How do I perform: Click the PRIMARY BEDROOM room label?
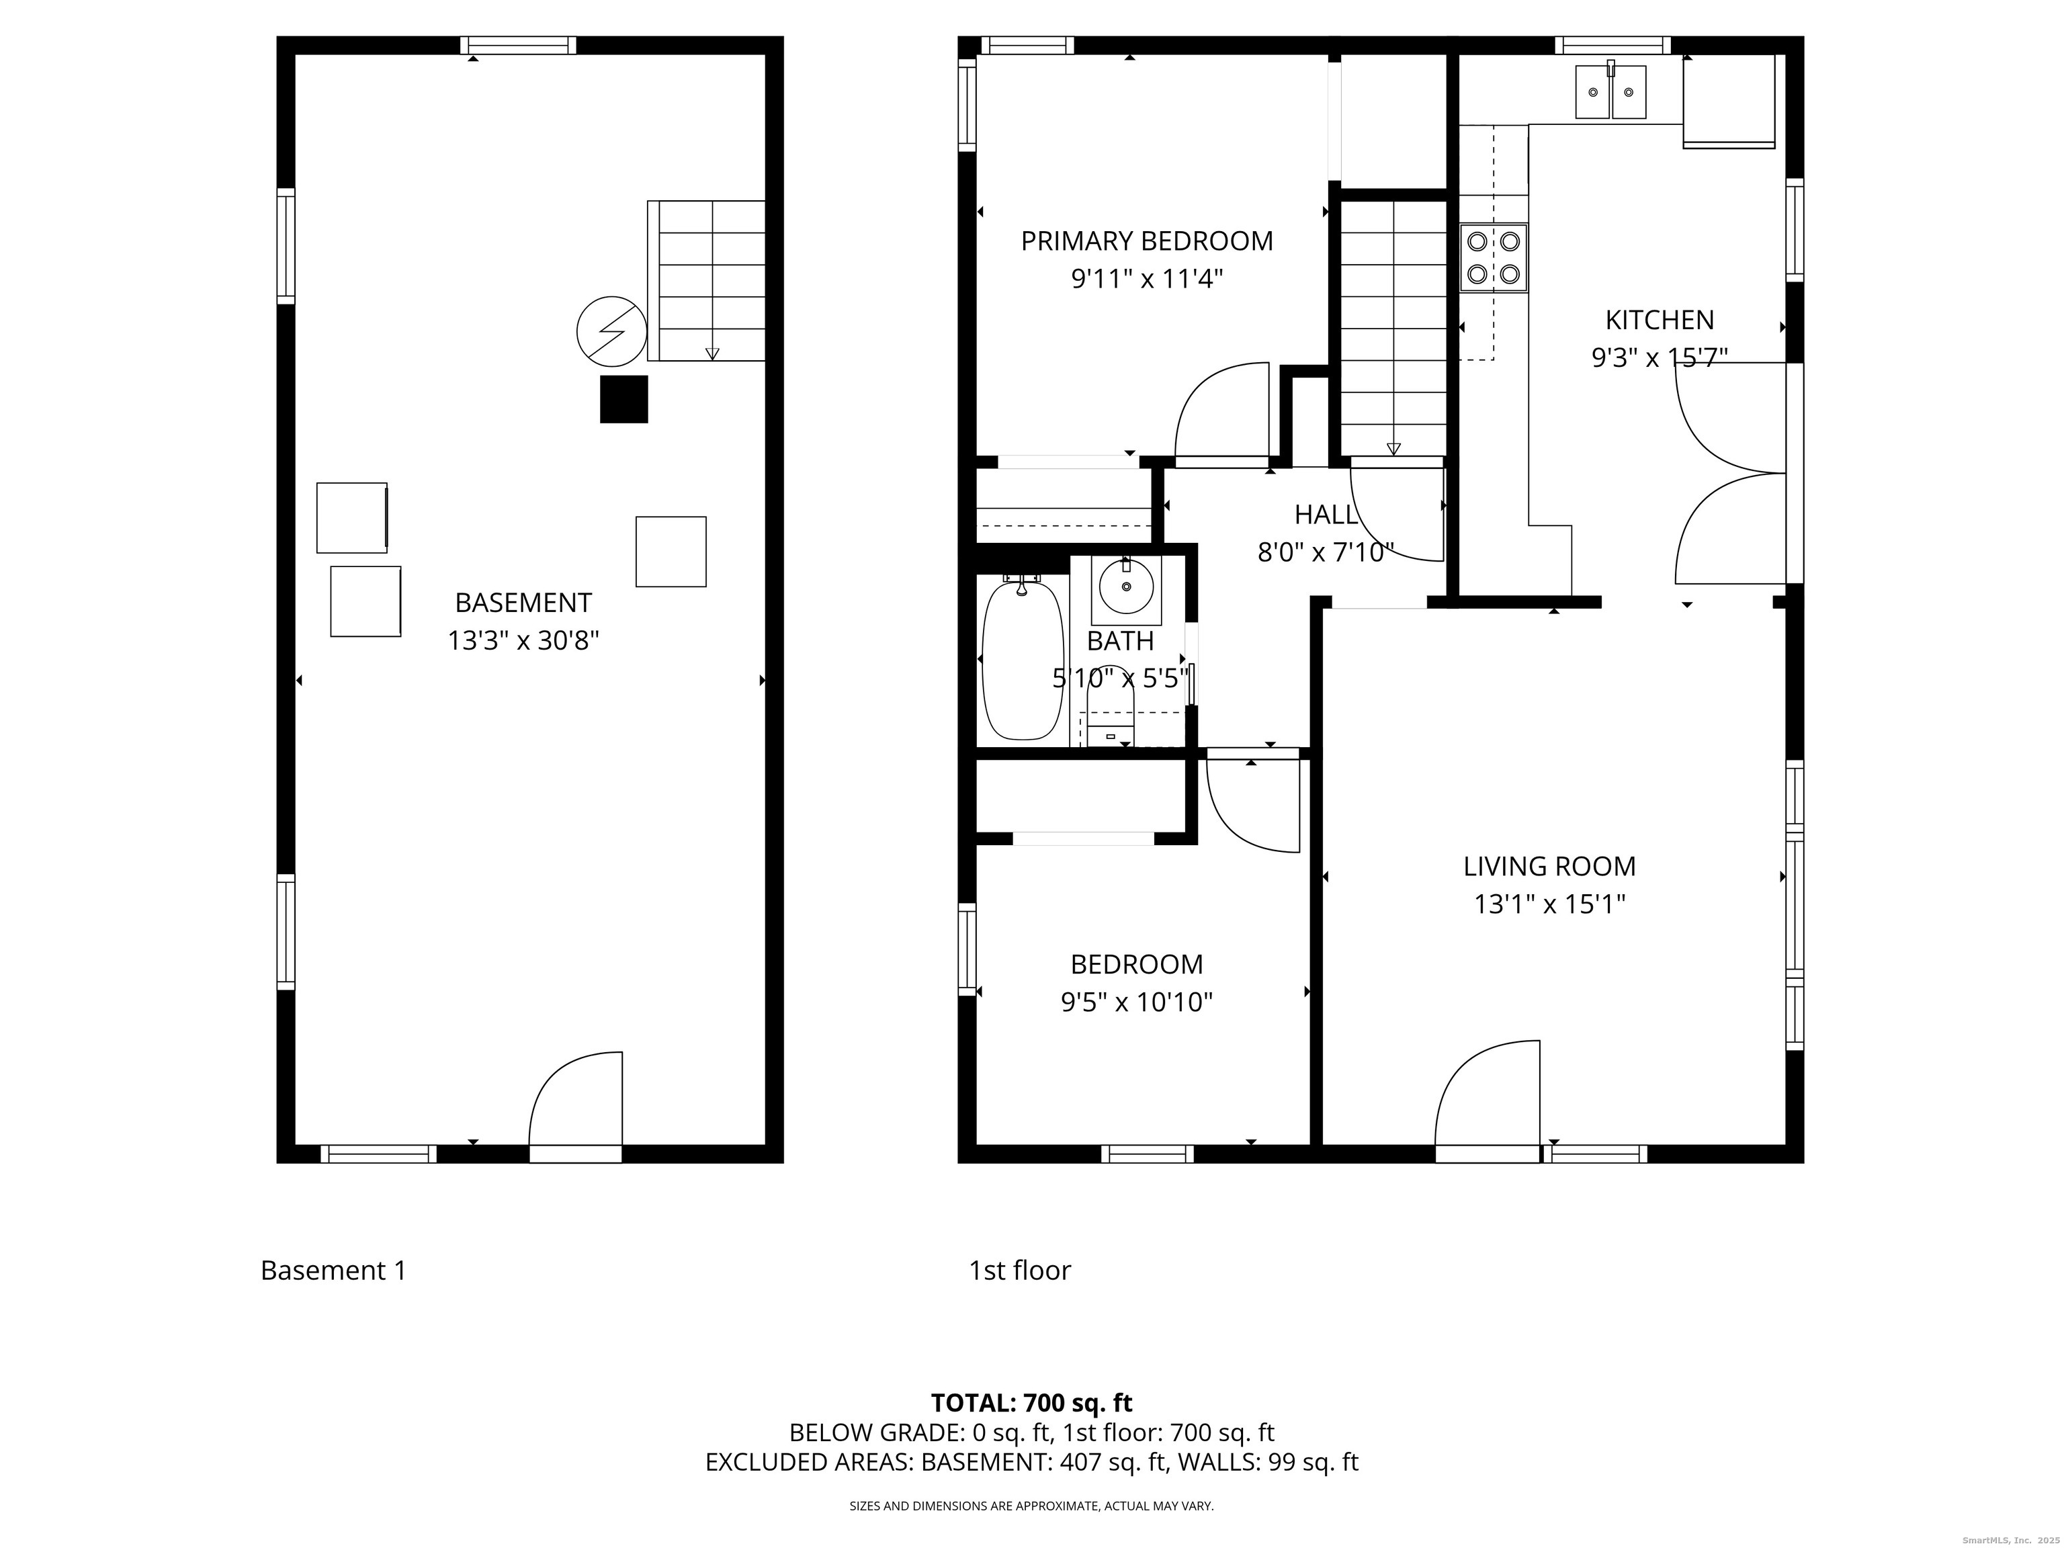[x=1147, y=241]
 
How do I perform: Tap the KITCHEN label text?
[x=1659, y=320]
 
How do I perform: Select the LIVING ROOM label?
[x=1549, y=866]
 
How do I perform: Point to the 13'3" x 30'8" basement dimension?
[x=523, y=641]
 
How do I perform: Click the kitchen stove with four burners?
[x=1494, y=257]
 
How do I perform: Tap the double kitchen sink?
[x=1610, y=91]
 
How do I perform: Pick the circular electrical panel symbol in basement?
[x=611, y=331]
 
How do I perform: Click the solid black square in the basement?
[x=623, y=399]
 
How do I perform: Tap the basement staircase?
[x=706, y=280]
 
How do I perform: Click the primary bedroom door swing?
[x=1221, y=413]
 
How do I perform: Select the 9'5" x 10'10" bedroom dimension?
[x=1137, y=1002]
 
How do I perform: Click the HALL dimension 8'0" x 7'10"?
[x=1326, y=554]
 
